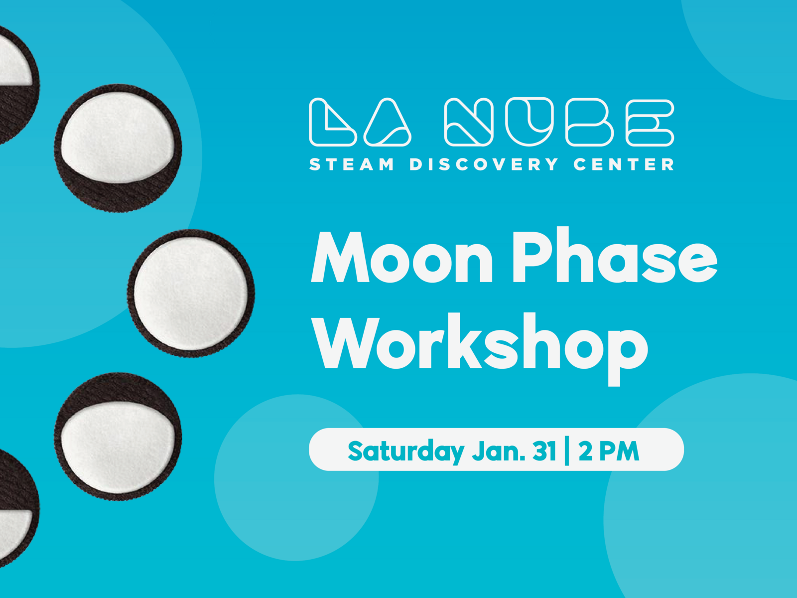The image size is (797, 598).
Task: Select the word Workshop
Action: pyautogui.click(x=481, y=344)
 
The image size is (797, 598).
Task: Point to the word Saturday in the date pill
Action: pyautogui.click(x=406, y=451)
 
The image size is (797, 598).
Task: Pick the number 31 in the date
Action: pyautogui.click(x=544, y=450)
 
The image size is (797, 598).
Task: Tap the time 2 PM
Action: pyautogui.click(x=609, y=450)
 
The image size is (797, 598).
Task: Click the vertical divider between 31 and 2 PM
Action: pyautogui.click(x=567, y=450)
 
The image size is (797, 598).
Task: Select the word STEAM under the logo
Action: pyautogui.click(x=352, y=164)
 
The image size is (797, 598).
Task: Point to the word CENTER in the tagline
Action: pyautogui.click(x=624, y=164)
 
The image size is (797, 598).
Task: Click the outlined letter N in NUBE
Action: pyautogui.click(x=469, y=123)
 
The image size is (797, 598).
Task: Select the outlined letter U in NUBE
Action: pyautogui.click(x=530, y=122)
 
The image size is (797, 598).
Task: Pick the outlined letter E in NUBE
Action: pyautogui.click(x=650, y=123)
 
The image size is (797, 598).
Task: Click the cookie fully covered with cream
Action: pyautogui.click(x=191, y=293)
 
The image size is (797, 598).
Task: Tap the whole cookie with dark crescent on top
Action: pyautogui.click(x=119, y=437)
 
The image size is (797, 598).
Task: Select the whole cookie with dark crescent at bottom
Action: pyautogui.click(x=119, y=148)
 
